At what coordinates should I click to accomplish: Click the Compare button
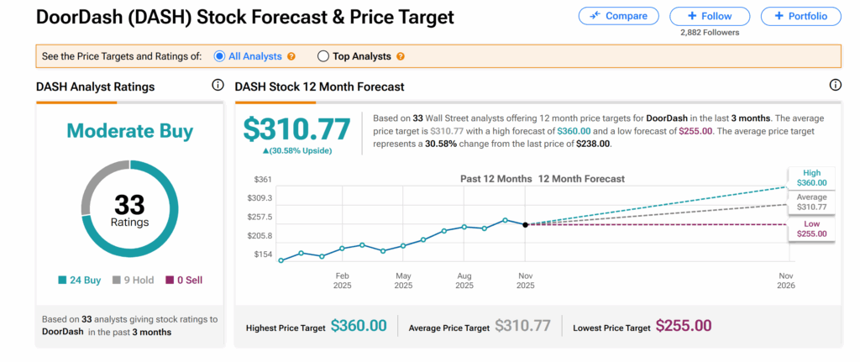pyautogui.click(x=618, y=16)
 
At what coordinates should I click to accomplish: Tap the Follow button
pyautogui.click(x=711, y=16)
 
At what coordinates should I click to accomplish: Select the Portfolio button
pyautogui.click(x=801, y=16)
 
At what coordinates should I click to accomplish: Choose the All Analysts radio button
pyautogui.click(x=219, y=56)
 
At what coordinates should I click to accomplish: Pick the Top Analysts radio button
pyautogui.click(x=323, y=56)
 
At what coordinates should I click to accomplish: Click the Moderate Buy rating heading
pyautogui.click(x=129, y=131)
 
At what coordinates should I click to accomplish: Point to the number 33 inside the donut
pyautogui.click(x=129, y=204)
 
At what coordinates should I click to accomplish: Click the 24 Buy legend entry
pyautogui.click(x=81, y=280)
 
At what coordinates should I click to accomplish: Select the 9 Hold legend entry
pyautogui.click(x=134, y=280)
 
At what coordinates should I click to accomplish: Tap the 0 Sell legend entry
pyautogui.click(x=183, y=280)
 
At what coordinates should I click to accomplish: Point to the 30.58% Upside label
pyautogui.click(x=297, y=150)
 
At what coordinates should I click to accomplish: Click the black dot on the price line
pyautogui.click(x=526, y=224)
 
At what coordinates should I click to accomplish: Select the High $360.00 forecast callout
pyautogui.click(x=810, y=177)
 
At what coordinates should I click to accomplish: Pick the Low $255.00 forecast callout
pyautogui.click(x=810, y=228)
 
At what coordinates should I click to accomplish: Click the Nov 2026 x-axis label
pyautogui.click(x=786, y=281)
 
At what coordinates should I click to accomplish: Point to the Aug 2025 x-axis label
pyautogui.click(x=464, y=281)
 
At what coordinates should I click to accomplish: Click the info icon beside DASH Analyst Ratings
pyautogui.click(x=218, y=85)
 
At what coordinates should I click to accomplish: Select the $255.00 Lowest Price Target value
pyautogui.click(x=684, y=326)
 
